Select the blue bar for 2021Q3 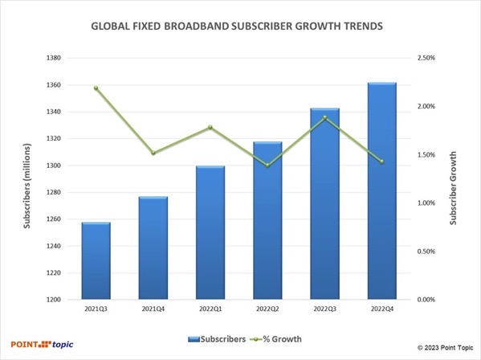click(x=96, y=261)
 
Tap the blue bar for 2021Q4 click(x=153, y=248)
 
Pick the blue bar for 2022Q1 click(x=210, y=233)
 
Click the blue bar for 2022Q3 click(x=324, y=204)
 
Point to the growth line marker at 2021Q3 click(x=96, y=88)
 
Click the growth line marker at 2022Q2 click(x=267, y=166)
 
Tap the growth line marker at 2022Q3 click(x=324, y=118)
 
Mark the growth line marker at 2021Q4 click(x=153, y=153)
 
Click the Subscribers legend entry click(x=217, y=338)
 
